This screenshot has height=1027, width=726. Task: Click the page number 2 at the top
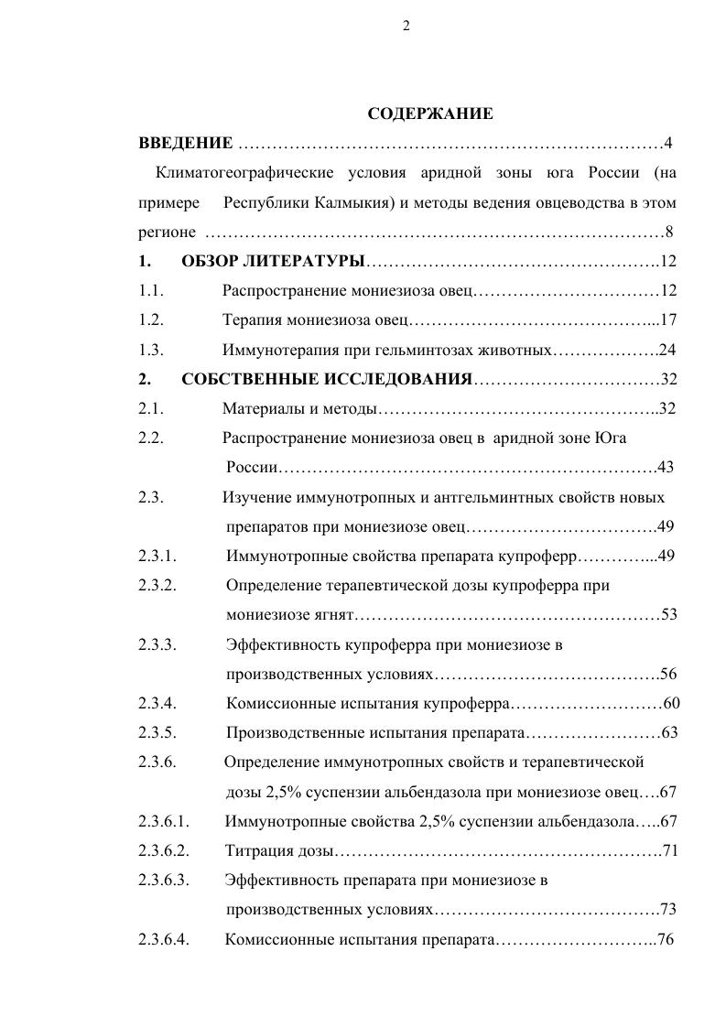[406, 26]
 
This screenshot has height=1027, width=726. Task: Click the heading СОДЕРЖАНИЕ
[429, 114]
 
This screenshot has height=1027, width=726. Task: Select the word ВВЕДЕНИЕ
[185, 143]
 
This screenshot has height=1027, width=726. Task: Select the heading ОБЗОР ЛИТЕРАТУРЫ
[273, 262]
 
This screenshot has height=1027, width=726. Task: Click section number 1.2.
[151, 320]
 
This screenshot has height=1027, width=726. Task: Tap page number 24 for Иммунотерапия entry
[667, 350]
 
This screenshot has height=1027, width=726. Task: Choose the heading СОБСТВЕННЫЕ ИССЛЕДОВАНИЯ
[326, 379]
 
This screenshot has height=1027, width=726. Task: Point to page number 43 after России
[666, 468]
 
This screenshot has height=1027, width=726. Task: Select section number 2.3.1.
[157, 556]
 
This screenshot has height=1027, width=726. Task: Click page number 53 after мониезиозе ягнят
[668, 614]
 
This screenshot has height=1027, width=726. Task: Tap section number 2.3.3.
[157, 644]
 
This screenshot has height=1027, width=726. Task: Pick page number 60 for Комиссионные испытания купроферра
[671, 703]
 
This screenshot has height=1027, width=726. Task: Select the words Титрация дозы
[279, 851]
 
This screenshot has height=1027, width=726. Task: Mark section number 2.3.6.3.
[163, 881]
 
